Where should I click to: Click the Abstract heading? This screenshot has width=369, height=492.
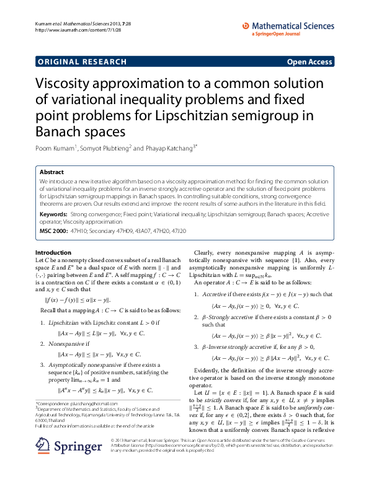pyautogui.click(x=51, y=172)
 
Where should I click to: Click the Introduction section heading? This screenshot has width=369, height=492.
pyautogui.click(x=53, y=252)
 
